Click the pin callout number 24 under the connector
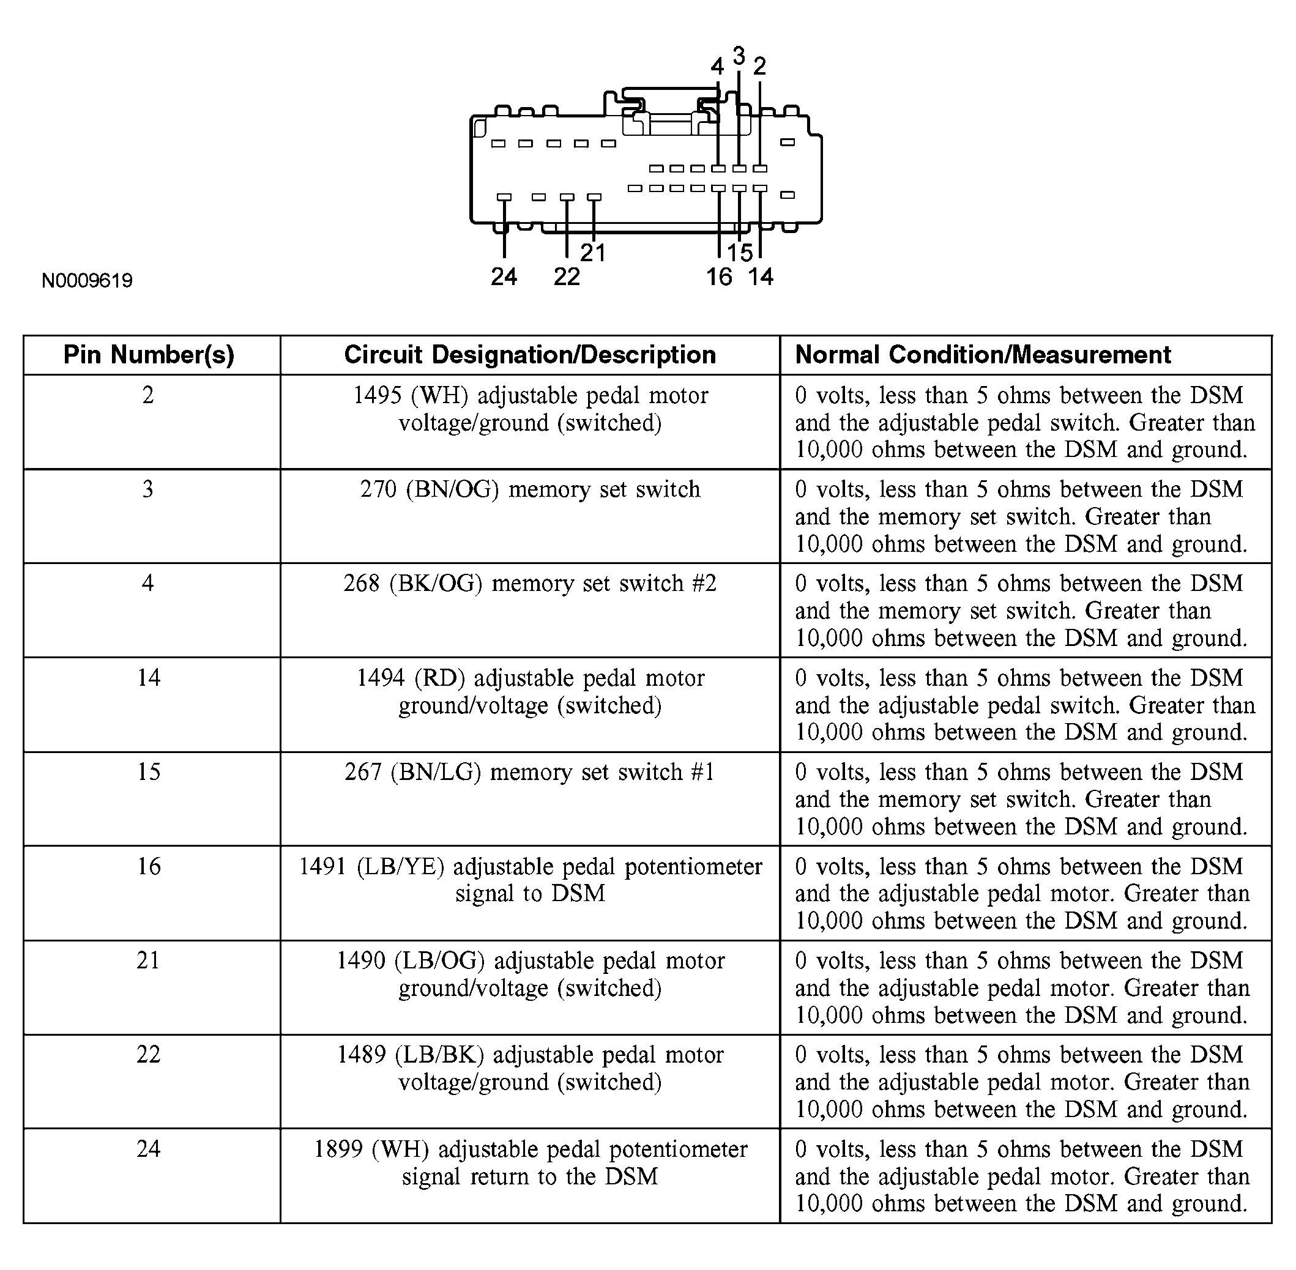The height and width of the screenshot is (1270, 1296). coord(504,276)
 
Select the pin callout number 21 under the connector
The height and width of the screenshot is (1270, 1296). coord(592,253)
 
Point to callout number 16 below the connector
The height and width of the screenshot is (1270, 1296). coord(718,276)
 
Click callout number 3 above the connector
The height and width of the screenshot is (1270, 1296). coord(739,56)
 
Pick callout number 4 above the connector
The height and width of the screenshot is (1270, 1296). coord(717,66)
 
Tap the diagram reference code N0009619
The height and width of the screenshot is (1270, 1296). coord(87,281)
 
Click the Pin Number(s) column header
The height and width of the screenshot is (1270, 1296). coord(149,355)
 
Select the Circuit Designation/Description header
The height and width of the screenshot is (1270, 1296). coord(530,355)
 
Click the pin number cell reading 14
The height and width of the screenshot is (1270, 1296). coord(148,678)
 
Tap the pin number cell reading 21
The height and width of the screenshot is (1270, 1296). coord(148,960)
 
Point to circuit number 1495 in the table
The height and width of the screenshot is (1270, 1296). coord(377,396)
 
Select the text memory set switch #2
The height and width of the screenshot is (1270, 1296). coord(604,584)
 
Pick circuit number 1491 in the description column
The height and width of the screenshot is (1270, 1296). coord(323,866)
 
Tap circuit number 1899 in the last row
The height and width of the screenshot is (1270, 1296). coord(338,1149)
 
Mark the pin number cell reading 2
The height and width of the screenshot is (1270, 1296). coord(148,396)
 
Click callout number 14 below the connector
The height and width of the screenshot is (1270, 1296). coord(761,276)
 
